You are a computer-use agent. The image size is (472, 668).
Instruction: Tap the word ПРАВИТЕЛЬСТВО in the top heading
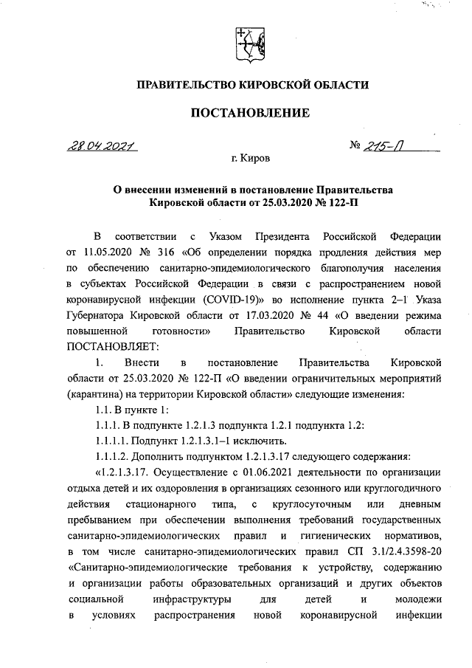point(179,86)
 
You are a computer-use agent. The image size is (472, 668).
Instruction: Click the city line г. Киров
point(250,159)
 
